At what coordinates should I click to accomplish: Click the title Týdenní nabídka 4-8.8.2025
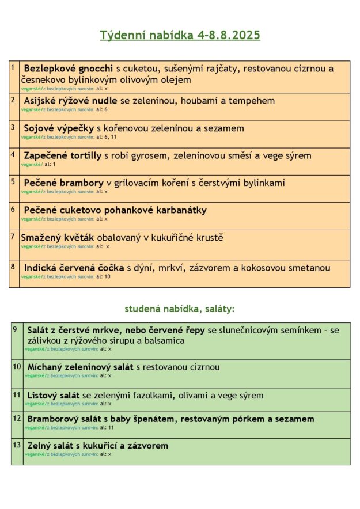click(x=180, y=35)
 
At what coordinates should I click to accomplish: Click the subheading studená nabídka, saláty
click(x=180, y=309)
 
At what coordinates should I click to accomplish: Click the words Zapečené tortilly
click(x=63, y=155)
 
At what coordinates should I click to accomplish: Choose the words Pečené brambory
click(x=63, y=183)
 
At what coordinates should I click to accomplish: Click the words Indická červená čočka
click(x=74, y=268)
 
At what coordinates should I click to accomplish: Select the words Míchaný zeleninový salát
click(x=80, y=367)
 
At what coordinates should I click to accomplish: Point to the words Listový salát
click(x=54, y=395)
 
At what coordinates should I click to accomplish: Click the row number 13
click(x=17, y=445)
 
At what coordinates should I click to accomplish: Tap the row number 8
click(x=13, y=266)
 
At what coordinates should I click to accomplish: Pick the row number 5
click(x=13, y=181)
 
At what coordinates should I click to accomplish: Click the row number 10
click(x=17, y=366)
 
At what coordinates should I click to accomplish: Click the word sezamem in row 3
click(x=224, y=128)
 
